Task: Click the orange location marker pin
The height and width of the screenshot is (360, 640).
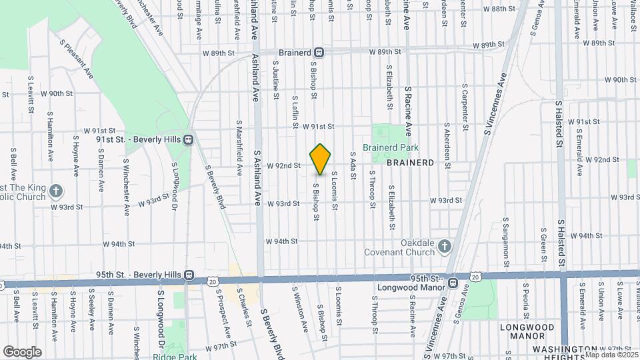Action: tap(321, 159)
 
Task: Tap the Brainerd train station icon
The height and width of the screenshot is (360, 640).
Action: tap(320, 52)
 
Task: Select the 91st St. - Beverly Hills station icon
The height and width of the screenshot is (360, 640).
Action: tap(189, 139)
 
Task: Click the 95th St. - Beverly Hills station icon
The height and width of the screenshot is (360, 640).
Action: tap(189, 274)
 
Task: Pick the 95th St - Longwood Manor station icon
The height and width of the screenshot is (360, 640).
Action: tap(453, 283)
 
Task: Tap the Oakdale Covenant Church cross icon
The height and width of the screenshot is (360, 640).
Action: tap(445, 248)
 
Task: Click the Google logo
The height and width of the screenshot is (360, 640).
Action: tap(22, 351)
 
